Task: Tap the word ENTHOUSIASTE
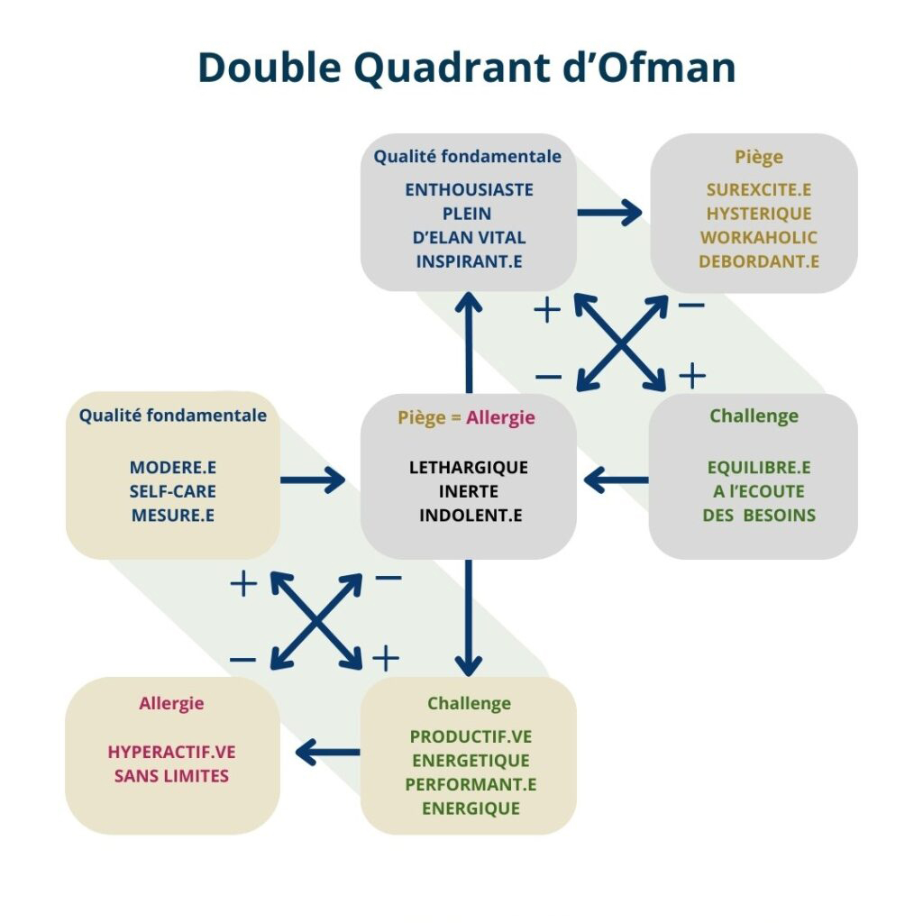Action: click(469, 190)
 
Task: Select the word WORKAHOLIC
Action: click(758, 238)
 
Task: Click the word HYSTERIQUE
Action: click(758, 214)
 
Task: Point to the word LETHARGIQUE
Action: click(469, 468)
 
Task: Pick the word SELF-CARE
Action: click(173, 491)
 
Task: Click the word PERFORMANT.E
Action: click(471, 784)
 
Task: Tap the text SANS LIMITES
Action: click(171, 775)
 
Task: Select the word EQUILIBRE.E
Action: click(758, 468)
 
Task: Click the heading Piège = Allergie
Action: click(466, 417)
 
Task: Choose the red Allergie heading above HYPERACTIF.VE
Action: click(171, 703)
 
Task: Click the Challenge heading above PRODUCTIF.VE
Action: click(469, 703)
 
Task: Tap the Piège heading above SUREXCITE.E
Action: click(758, 157)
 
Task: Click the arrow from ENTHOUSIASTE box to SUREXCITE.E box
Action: click(609, 214)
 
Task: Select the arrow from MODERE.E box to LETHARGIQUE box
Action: click(313, 480)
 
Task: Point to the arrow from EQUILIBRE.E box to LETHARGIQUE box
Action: click(617, 480)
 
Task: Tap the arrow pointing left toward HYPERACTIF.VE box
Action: click(329, 752)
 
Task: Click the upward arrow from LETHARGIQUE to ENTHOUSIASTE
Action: click(469, 343)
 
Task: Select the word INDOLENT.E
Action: click(469, 516)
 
